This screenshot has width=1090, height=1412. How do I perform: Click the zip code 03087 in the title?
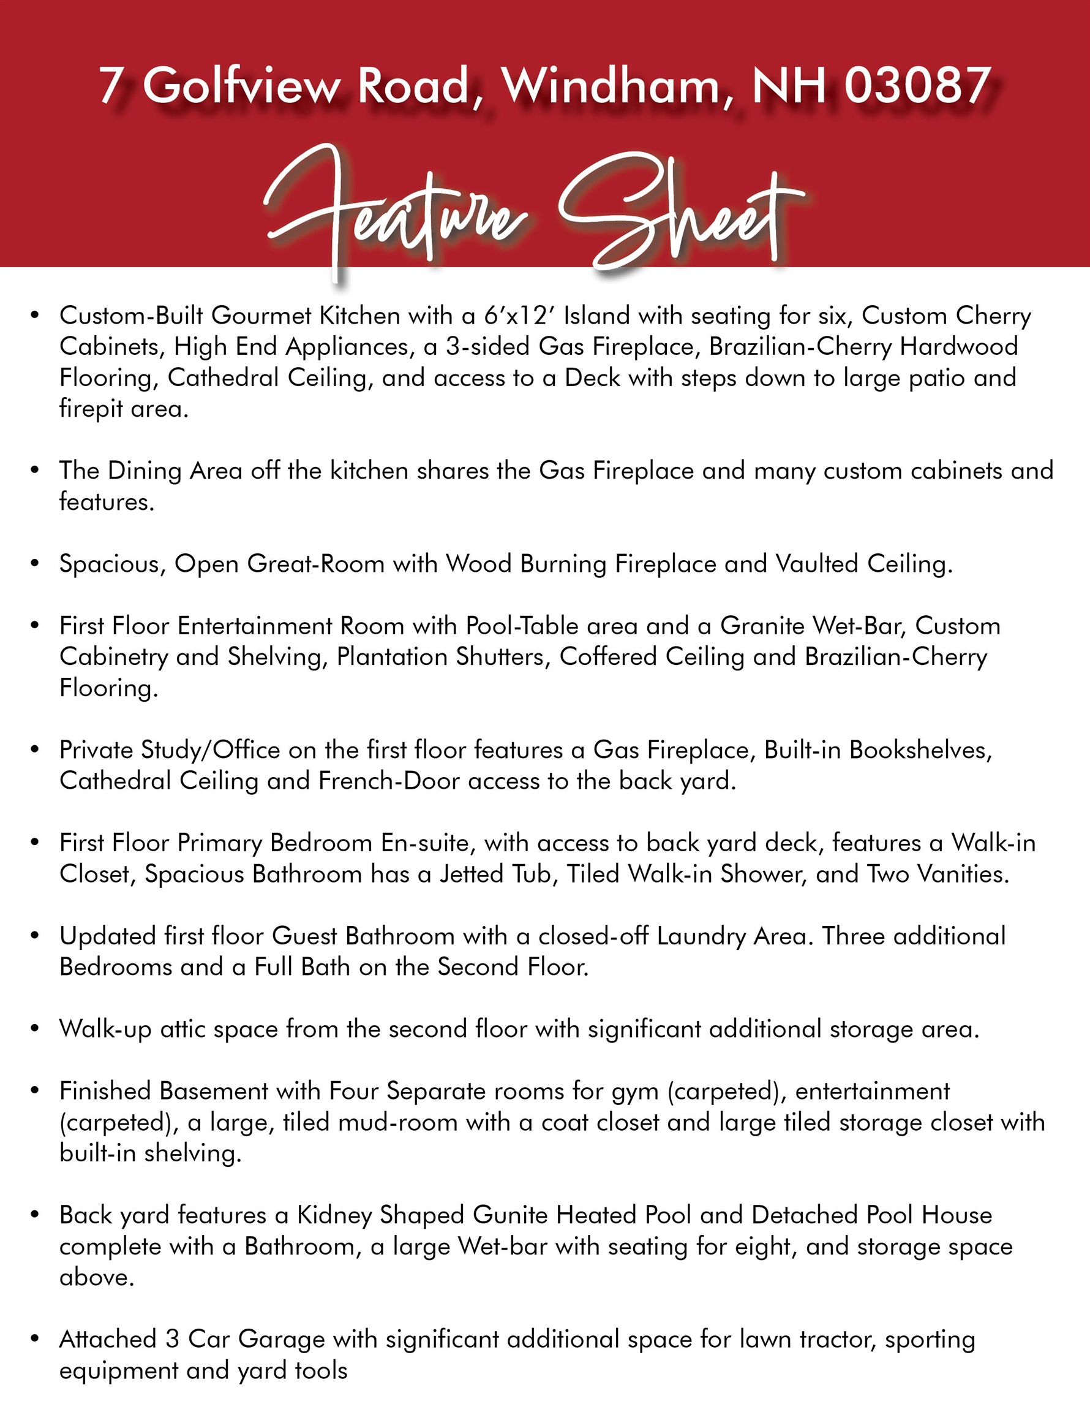(x=917, y=85)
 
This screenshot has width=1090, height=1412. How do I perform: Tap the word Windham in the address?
(x=611, y=85)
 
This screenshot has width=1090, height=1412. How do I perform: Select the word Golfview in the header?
(x=241, y=85)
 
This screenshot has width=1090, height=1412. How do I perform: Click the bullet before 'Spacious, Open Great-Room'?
(x=35, y=564)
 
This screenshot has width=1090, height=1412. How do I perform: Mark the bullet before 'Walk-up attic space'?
(x=35, y=1029)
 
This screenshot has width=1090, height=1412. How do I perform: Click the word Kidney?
(x=334, y=1215)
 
